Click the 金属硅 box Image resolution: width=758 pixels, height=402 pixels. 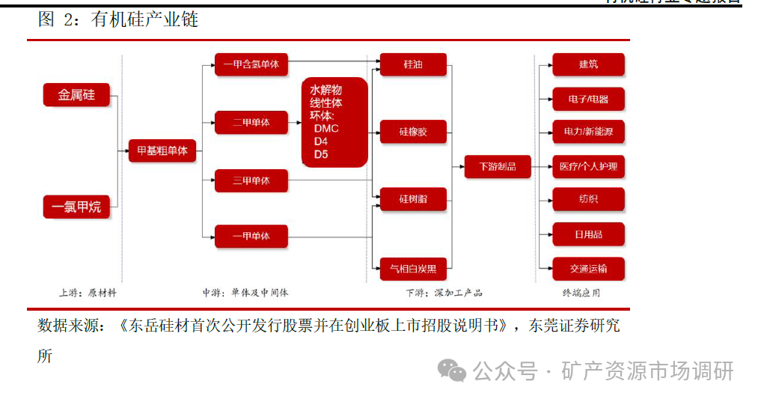(76, 96)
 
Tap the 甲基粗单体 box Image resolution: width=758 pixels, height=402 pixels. (162, 151)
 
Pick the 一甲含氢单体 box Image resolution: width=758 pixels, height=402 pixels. (251, 65)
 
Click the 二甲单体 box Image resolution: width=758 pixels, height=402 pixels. (251, 122)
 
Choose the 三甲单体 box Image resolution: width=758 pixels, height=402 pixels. (251, 180)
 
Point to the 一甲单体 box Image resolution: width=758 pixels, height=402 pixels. (251, 237)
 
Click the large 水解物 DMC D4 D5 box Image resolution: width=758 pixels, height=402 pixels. (334, 122)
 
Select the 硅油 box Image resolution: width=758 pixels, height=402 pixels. (413, 65)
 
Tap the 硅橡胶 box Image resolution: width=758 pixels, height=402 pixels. (413, 132)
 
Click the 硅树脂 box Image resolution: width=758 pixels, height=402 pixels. (413, 199)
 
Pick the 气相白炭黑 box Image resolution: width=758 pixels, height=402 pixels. (413, 267)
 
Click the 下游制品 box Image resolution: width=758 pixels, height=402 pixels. (497, 166)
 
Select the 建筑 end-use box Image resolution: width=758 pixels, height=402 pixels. (588, 65)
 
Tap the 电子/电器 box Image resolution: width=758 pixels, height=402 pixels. (588, 99)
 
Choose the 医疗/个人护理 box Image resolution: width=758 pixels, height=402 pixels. (588, 166)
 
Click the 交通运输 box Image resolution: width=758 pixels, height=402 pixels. (588, 268)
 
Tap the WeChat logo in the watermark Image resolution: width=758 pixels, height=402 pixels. (452, 370)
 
